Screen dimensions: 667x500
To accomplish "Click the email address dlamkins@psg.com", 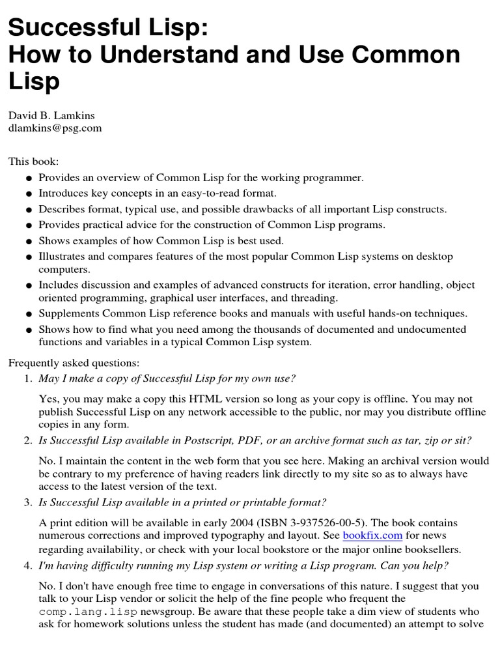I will tap(55, 128).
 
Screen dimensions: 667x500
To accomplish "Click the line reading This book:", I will tap(33, 161).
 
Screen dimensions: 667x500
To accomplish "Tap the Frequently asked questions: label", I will tap(74, 363).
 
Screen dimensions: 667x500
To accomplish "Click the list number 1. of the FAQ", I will tap(28, 378).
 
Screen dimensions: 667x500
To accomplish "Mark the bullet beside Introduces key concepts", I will tap(29, 193).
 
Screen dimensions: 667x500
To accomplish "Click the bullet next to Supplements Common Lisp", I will tap(29, 314).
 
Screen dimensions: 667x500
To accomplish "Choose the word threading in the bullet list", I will tap(316, 298).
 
